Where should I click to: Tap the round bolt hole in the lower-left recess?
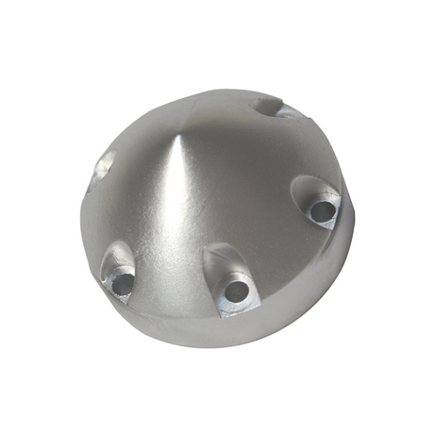(121, 280)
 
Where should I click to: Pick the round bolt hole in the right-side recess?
(323, 209)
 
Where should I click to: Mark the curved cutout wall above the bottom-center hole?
(220, 259)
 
